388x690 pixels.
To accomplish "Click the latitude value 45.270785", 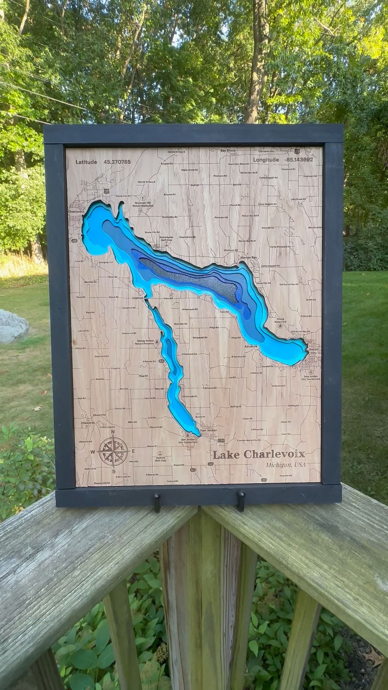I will coord(117,162).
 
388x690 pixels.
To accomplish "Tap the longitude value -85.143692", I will coord(299,160).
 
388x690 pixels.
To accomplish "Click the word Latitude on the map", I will coord(86,162).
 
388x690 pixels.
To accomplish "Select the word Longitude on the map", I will coord(266,160).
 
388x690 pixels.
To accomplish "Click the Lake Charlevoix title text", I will coord(259,455).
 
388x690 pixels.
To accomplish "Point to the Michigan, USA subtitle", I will coord(286,465).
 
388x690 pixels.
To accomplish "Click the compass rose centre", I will coord(113,451).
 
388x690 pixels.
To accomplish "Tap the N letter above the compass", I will coord(113,432).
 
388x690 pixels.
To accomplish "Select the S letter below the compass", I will coord(114,471).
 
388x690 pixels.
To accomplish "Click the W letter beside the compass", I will coord(93,452).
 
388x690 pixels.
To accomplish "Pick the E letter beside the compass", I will coord(133,451).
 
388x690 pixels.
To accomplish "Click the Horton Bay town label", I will coord(249,258).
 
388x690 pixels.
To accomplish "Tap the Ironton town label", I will coord(138,298).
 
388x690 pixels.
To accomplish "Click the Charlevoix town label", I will coord(76,212).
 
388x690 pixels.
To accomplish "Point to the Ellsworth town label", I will coord(88,423).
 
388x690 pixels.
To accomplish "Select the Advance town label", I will coord(251,346).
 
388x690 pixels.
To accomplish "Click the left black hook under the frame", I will coord(157,502).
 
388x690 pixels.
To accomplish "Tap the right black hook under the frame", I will coord(241,500).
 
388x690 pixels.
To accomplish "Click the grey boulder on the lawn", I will coord(13,326).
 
